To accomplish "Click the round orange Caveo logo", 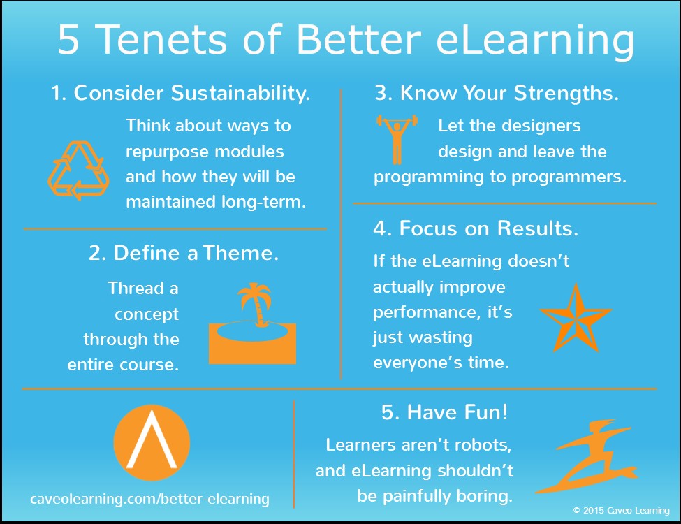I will (151, 439).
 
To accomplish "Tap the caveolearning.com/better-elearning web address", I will (149, 499).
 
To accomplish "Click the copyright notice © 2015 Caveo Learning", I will (621, 511).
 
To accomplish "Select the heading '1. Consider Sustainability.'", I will (180, 93).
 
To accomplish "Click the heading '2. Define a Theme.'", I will (184, 253).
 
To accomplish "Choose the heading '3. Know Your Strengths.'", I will (497, 93).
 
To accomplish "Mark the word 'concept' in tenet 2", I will (147, 314).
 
